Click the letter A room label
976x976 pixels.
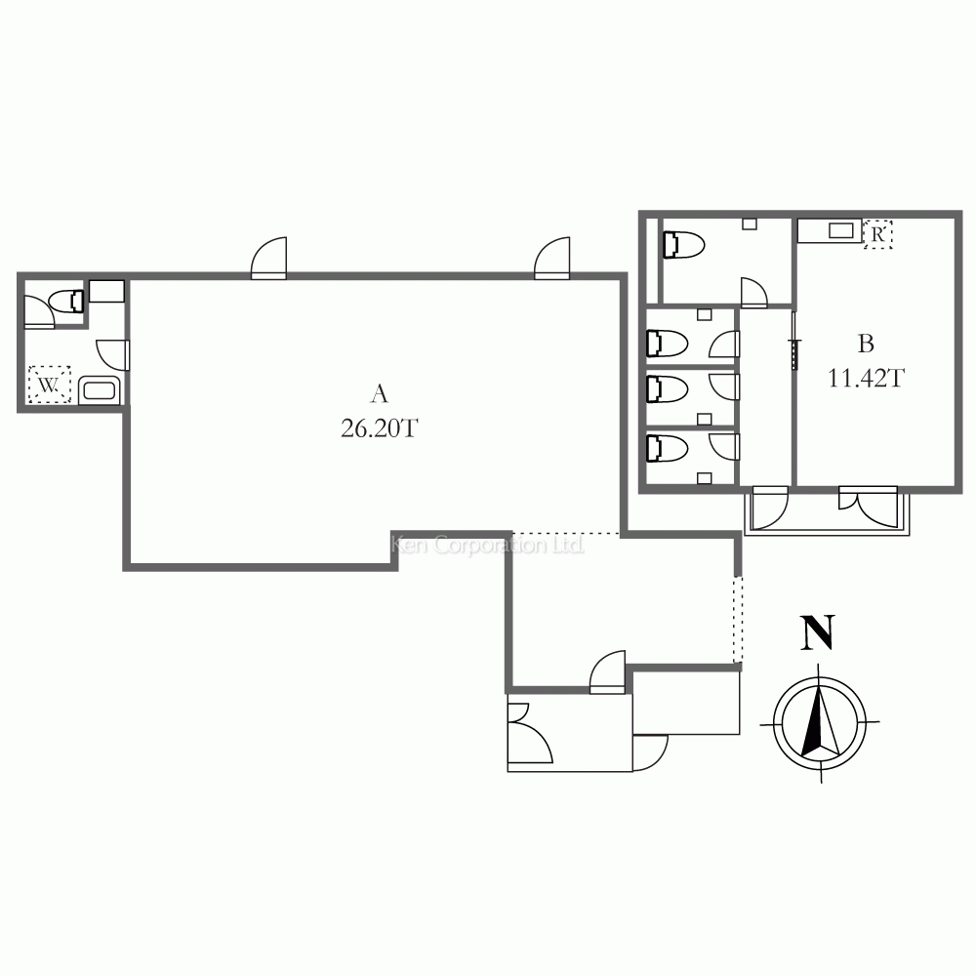(x=379, y=394)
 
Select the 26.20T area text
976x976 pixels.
(x=379, y=428)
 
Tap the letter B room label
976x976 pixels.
(x=866, y=344)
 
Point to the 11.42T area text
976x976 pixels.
(x=865, y=378)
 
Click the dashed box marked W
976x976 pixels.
(x=49, y=384)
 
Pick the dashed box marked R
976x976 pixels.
(x=877, y=234)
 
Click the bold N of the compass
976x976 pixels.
(x=817, y=632)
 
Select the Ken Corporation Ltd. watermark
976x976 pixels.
(x=487, y=546)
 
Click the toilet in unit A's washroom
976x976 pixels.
(x=66, y=302)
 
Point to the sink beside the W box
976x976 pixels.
(x=99, y=390)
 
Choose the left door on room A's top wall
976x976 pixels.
(x=269, y=258)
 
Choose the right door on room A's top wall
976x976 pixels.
(x=552, y=258)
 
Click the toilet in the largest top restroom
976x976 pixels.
(x=683, y=245)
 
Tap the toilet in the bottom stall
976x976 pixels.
(x=668, y=448)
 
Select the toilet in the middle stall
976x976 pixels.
(x=668, y=389)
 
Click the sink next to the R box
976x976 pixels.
(x=831, y=231)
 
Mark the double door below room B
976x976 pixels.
(x=869, y=506)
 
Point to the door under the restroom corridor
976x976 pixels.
(x=770, y=507)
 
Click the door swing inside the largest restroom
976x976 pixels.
(x=753, y=293)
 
